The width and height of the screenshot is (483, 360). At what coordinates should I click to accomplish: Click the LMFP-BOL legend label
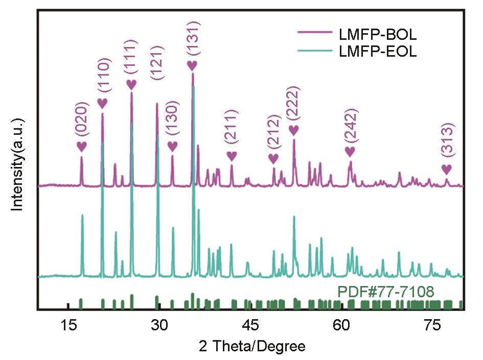[378, 35]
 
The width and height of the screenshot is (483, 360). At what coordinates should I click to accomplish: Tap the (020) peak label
[82, 118]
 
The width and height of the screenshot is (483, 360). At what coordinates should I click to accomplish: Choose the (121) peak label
[157, 62]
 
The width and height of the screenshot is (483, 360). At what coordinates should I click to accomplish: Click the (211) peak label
[232, 127]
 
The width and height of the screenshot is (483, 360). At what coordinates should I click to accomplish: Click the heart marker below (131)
[192, 65]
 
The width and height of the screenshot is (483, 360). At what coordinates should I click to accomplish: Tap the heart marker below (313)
[447, 169]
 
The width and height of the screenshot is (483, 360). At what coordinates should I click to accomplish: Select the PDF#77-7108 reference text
[385, 292]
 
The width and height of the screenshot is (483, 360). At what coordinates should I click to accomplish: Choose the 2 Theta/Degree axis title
[252, 347]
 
